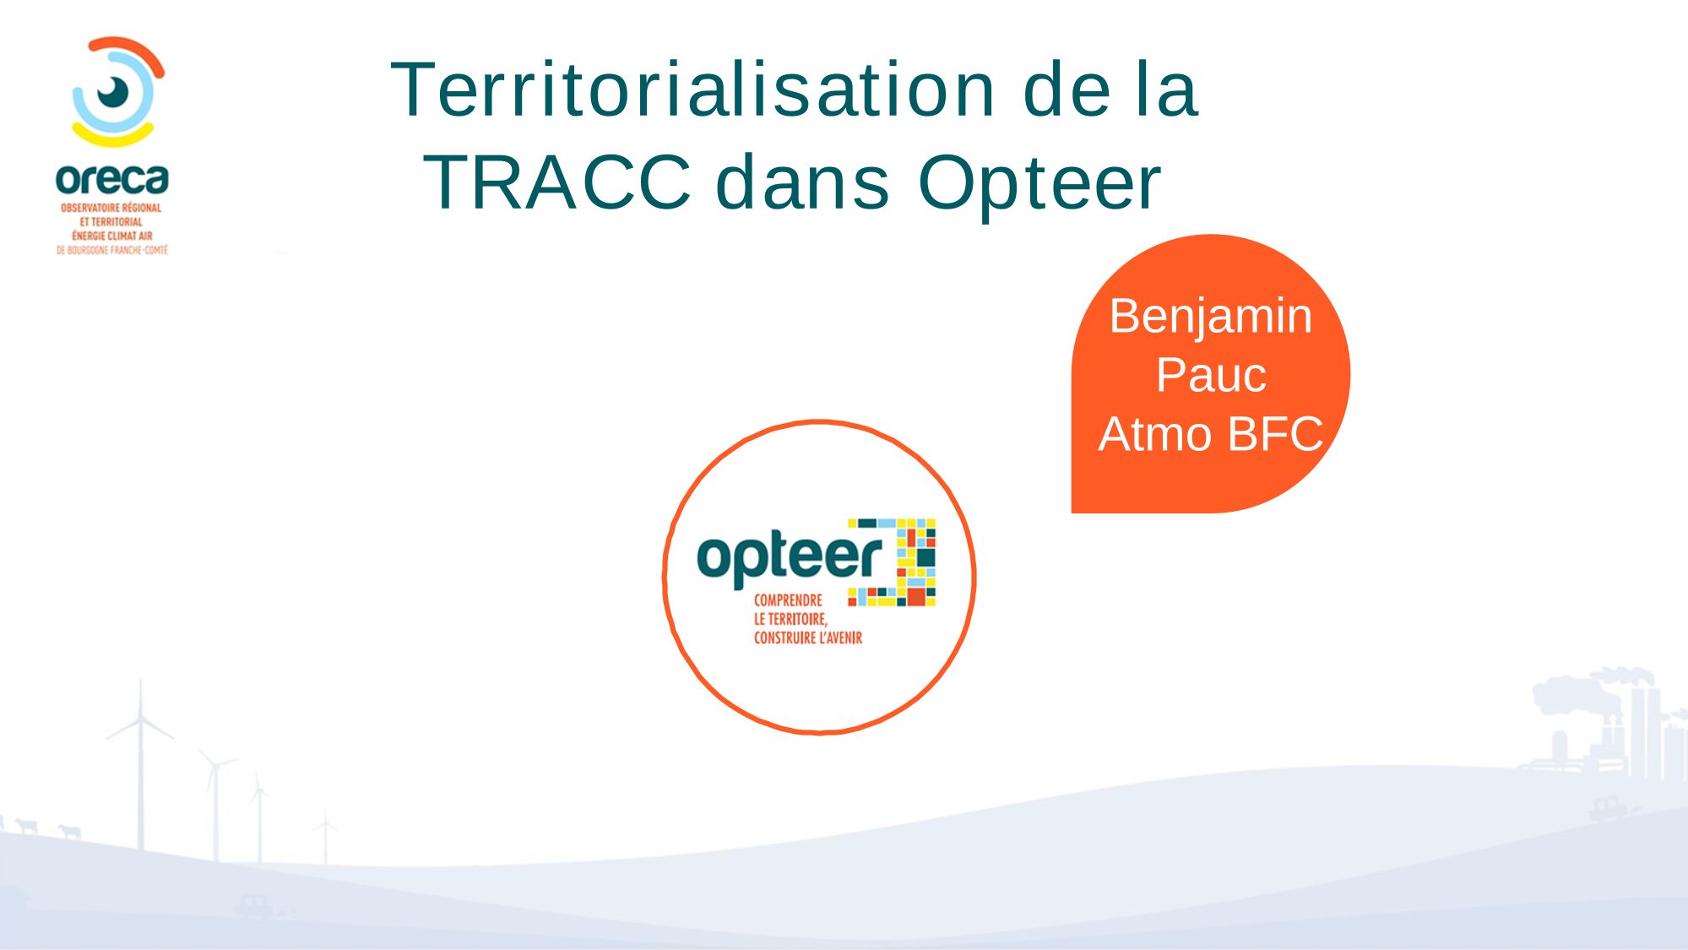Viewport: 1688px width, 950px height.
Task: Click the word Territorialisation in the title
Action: pos(693,90)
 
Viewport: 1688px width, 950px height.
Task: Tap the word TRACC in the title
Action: pos(557,182)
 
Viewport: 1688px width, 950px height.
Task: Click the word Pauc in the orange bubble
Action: pos(1211,375)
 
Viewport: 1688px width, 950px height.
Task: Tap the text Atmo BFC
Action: pos(1210,434)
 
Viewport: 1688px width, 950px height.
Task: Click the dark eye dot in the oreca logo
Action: pos(112,91)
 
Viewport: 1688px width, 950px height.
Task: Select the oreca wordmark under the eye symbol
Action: pos(112,179)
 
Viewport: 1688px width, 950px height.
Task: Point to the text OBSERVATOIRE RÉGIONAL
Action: pos(111,208)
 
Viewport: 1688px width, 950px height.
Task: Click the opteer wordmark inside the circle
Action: pos(790,558)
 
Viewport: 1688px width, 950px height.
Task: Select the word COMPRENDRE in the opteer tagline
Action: pos(788,600)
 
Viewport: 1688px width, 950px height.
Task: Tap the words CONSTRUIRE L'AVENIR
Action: pos(808,638)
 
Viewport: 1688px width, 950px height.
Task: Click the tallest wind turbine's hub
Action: pos(140,717)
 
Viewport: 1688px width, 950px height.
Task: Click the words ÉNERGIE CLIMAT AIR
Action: pos(112,236)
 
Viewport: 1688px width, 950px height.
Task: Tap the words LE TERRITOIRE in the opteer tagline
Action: pos(790,619)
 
